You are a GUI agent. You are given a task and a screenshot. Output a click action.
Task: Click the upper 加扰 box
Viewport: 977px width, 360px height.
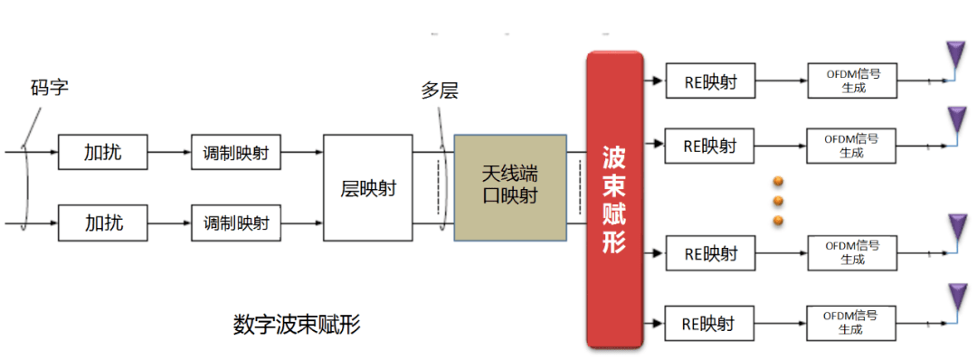(102, 153)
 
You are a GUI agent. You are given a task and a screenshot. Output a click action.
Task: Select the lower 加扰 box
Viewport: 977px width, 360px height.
(102, 222)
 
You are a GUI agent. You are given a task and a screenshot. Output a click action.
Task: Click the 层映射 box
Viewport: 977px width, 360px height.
(367, 188)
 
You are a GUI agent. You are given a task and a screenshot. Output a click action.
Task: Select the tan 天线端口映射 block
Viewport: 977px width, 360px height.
(510, 187)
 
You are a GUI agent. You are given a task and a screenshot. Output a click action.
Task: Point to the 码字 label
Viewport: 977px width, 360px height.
(49, 89)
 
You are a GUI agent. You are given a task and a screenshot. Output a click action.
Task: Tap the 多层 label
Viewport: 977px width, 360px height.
(441, 90)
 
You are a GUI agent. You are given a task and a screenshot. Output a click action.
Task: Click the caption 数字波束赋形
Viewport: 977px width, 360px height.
(296, 325)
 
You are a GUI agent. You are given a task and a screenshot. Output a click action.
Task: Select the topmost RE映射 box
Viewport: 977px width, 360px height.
(710, 82)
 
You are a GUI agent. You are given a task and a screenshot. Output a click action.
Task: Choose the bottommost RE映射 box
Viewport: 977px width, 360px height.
(710, 323)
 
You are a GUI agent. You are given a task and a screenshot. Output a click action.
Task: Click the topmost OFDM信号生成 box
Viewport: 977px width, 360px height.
(852, 82)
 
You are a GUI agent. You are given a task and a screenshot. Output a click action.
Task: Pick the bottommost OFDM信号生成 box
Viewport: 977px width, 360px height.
(852, 323)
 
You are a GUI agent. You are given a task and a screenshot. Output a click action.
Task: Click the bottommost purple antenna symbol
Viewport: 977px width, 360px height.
(956, 296)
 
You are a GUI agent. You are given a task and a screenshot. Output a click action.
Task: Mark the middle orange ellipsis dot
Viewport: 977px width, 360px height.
(777, 201)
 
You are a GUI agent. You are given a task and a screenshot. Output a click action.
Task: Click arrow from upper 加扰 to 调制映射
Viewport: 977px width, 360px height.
(169, 153)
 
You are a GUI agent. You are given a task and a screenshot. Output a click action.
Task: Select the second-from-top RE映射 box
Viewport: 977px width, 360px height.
(710, 145)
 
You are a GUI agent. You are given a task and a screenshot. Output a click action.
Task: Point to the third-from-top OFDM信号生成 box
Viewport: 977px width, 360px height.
(852, 252)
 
